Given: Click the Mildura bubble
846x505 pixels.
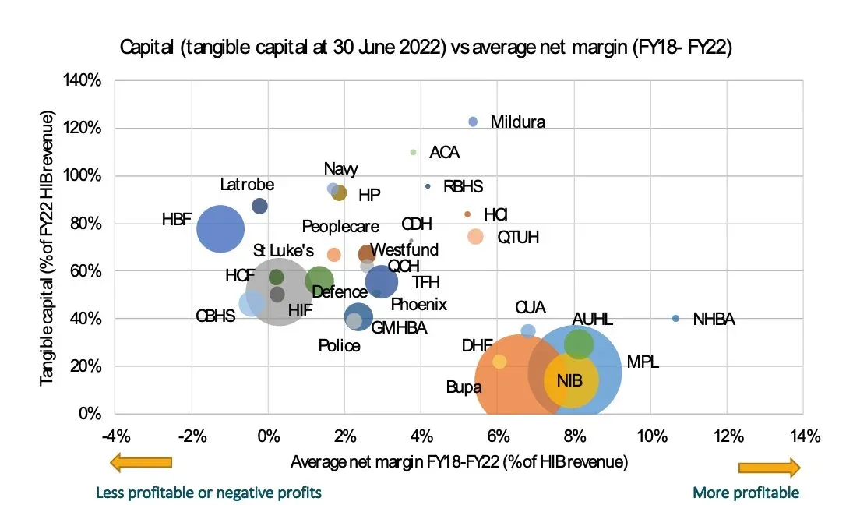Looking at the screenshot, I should point(473,121).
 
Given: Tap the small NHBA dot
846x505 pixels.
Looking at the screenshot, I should point(675,318).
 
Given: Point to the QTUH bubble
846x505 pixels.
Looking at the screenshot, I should point(475,236).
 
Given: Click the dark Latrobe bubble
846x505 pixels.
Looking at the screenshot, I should point(259,206).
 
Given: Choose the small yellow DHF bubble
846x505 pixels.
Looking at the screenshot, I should point(499,362).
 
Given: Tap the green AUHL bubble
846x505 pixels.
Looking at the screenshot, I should point(579,344).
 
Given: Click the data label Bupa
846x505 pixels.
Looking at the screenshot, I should point(464,387).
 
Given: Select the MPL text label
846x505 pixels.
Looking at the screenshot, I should point(643,363).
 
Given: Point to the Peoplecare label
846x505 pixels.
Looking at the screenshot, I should point(340,227).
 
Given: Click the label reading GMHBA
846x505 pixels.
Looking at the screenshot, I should point(399,327).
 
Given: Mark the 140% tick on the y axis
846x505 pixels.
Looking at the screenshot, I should point(87,80).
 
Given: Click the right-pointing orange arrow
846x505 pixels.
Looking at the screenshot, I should point(769,468).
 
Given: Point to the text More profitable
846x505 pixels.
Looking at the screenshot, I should point(746,493).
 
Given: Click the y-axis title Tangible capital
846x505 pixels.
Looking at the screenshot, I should point(48,248).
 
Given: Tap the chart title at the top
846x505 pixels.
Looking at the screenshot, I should point(426,48).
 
